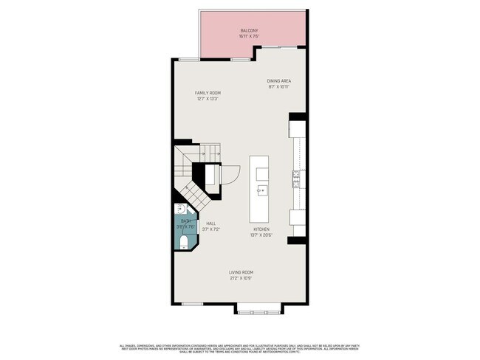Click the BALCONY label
click(x=248, y=30)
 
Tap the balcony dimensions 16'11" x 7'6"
click(x=248, y=36)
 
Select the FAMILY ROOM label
click(x=208, y=92)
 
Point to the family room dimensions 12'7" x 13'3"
click(x=208, y=99)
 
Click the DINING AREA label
click(x=278, y=80)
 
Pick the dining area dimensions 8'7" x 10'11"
click(x=278, y=87)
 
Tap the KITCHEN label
click(x=262, y=229)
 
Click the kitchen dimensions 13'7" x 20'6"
click(x=262, y=235)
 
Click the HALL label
click(x=210, y=223)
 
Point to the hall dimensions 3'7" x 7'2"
click(x=210, y=229)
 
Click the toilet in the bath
click(x=183, y=240)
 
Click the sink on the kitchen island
click(x=261, y=190)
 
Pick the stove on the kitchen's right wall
click(x=296, y=178)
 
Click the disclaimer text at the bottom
click(x=240, y=348)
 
